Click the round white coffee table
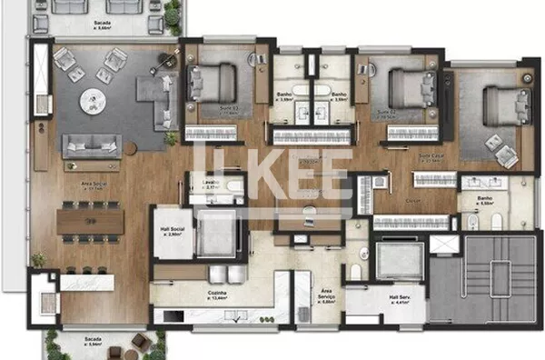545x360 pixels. [94, 100]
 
